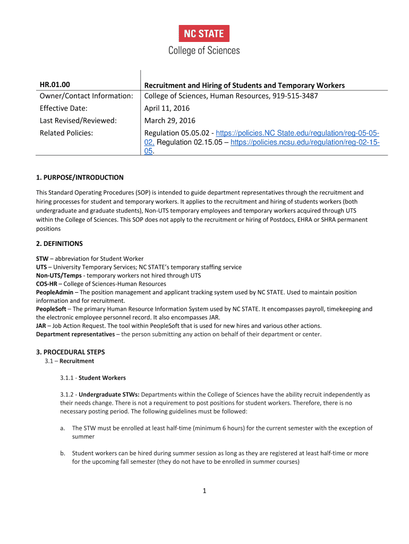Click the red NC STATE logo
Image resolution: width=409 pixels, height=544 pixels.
pyautogui.click(x=204, y=33)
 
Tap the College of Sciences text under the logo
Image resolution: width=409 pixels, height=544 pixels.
pyautogui.click(x=204, y=50)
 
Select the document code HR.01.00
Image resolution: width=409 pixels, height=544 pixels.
pyautogui.click(x=55, y=85)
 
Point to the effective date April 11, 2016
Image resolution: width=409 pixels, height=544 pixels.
pyautogui.click(x=167, y=108)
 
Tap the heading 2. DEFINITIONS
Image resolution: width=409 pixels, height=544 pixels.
pyautogui.click(x=59, y=243)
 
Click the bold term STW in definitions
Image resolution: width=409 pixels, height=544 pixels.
pyautogui.click(x=41, y=259)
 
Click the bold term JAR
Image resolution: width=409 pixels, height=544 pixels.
pyautogui.click(x=41, y=326)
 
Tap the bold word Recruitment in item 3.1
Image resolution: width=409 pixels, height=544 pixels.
pyautogui.click(x=76, y=361)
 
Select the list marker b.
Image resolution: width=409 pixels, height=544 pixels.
pyautogui.click(x=63, y=453)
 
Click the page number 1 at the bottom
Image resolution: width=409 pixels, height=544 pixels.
pyautogui.click(x=204, y=491)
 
